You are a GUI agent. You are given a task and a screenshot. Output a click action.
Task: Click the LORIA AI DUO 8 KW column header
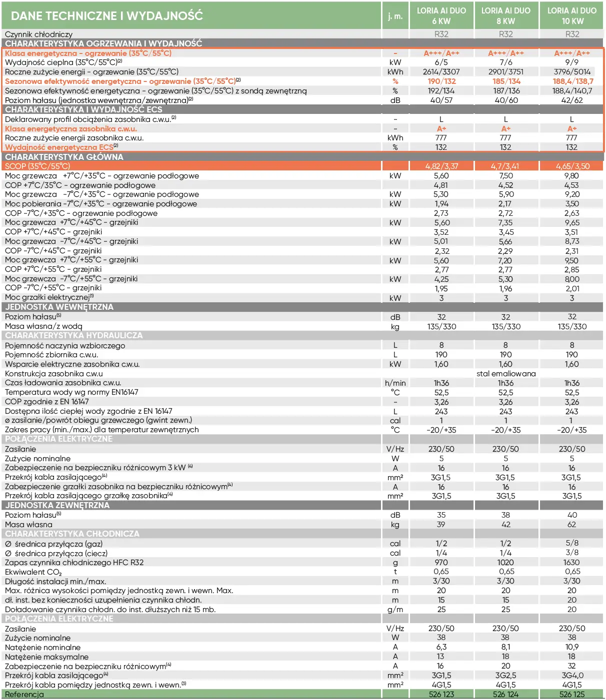click(505, 15)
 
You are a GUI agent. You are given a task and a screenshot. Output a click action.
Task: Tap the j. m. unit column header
click(395, 16)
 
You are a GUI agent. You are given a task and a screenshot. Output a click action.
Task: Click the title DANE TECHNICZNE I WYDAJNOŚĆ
click(107, 15)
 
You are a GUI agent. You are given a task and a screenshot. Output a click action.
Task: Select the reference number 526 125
click(571, 694)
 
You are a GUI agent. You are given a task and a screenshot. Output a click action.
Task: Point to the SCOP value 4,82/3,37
click(441, 166)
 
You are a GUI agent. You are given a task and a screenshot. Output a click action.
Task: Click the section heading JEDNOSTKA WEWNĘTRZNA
click(59, 307)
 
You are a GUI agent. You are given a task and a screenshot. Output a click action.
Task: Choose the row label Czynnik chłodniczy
click(38, 34)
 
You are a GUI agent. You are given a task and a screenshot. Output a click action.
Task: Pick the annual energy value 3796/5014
click(572, 72)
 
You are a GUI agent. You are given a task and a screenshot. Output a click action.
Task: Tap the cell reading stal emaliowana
click(505, 374)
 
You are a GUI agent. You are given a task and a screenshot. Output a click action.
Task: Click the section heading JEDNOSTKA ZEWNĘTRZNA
click(57, 505)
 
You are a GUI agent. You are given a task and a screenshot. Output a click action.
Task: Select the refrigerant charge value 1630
click(571, 563)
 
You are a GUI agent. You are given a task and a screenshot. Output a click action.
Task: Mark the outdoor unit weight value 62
click(571, 525)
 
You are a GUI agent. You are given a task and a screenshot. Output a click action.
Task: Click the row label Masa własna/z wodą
click(43, 326)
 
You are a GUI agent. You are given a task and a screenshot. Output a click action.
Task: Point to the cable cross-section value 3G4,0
click(572, 676)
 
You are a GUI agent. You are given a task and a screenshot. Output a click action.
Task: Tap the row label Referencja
click(24, 694)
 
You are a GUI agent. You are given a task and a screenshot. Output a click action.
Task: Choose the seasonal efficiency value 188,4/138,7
click(572, 81)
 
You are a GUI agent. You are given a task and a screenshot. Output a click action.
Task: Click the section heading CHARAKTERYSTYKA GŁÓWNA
click(64, 157)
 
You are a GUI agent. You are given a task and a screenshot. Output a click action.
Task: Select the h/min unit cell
click(395, 383)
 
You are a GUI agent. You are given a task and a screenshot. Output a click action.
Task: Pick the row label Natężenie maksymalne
click(46, 657)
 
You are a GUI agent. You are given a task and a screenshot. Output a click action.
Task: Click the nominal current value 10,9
click(571, 647)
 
